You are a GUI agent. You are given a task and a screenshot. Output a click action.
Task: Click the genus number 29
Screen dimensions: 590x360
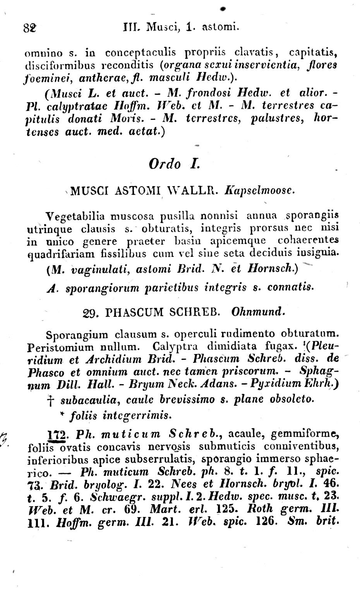coord(90,312)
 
